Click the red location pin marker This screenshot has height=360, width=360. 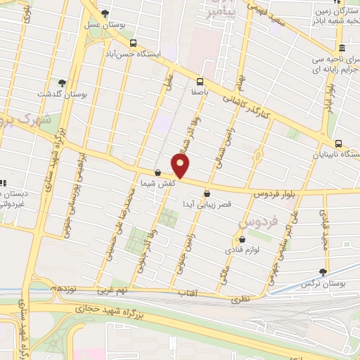[181, 165]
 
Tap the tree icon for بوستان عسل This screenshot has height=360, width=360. [105, 13]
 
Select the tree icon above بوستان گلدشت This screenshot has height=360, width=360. [62, 83]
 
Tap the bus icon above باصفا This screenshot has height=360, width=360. [200, 81]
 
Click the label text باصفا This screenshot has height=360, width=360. [200, 91]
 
